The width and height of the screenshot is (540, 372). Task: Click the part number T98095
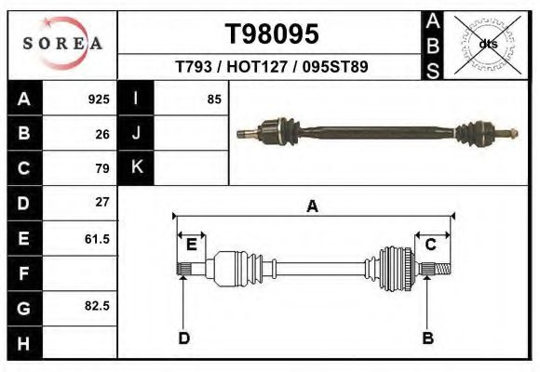tap(273, 34)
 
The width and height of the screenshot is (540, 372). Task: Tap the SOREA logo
tap(63, 44)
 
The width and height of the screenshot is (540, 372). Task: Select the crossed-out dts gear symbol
tap(488, 44)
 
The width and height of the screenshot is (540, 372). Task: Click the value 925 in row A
tap(99, 99)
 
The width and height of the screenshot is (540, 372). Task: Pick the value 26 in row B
tap(102, 133)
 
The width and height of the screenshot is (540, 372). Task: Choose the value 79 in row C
tap(102, 168)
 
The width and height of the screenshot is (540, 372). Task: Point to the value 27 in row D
tap(102, 202)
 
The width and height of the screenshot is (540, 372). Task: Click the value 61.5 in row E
tap(97, 238)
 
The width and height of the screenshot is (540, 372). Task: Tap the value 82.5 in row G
tap(97, 306)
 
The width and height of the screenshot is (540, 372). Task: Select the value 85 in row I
tap(214, 99)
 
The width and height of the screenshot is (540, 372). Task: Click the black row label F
tap(24, 274)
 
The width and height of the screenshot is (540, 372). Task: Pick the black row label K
tap(137, 168)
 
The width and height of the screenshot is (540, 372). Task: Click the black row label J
tap(137, 133)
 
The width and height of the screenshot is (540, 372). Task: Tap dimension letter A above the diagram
tap(313, 206)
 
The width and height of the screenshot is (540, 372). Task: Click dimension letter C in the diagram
tap(431, 245)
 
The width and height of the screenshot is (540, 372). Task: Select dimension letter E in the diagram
tap(192, 245)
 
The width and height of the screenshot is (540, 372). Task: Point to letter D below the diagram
tap(183, 338)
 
